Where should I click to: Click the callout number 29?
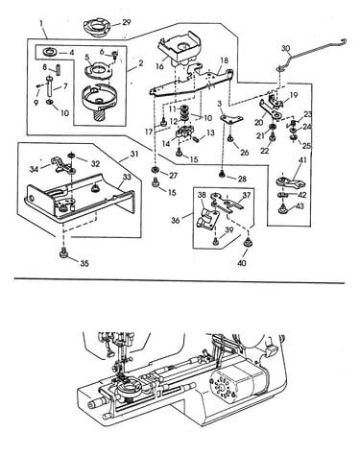click(x=127, y=22)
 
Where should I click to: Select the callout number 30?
click(x=286, y=49)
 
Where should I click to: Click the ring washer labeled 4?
click(x=50, y=51)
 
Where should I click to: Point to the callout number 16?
click(x=159, y=66)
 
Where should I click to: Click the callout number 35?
click(x=84, y=263)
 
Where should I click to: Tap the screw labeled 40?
click(x=247, y=243)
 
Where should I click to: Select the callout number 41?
click(x=302, y=159)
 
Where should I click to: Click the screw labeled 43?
click(x=282, y=208)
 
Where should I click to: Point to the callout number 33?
click(x=127, y=177)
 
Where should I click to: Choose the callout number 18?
click(x=225, y=60)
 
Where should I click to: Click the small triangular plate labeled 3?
click(x=231, y=119)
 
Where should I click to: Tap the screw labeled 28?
click(x=221, y=174)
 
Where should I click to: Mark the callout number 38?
click(x=202, y=195)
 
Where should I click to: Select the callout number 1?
click(x=41, y=23)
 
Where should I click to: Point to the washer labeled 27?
click(x=156, y=169)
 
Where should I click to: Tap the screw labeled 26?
click(x=230, y=139)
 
